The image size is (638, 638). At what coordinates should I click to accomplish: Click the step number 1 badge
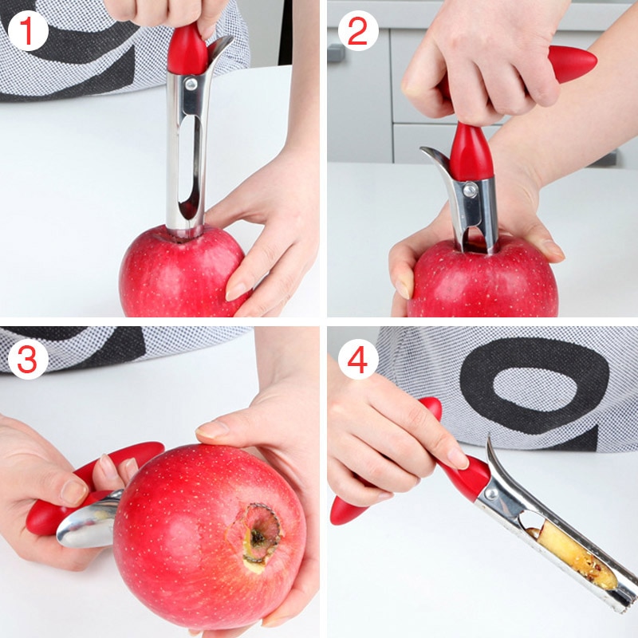[29, 32]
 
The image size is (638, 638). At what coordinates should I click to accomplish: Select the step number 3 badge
[29, 360]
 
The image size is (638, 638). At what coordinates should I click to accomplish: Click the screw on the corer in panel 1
[191, 82]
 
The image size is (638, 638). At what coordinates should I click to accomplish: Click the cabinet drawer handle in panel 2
[336, 53]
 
